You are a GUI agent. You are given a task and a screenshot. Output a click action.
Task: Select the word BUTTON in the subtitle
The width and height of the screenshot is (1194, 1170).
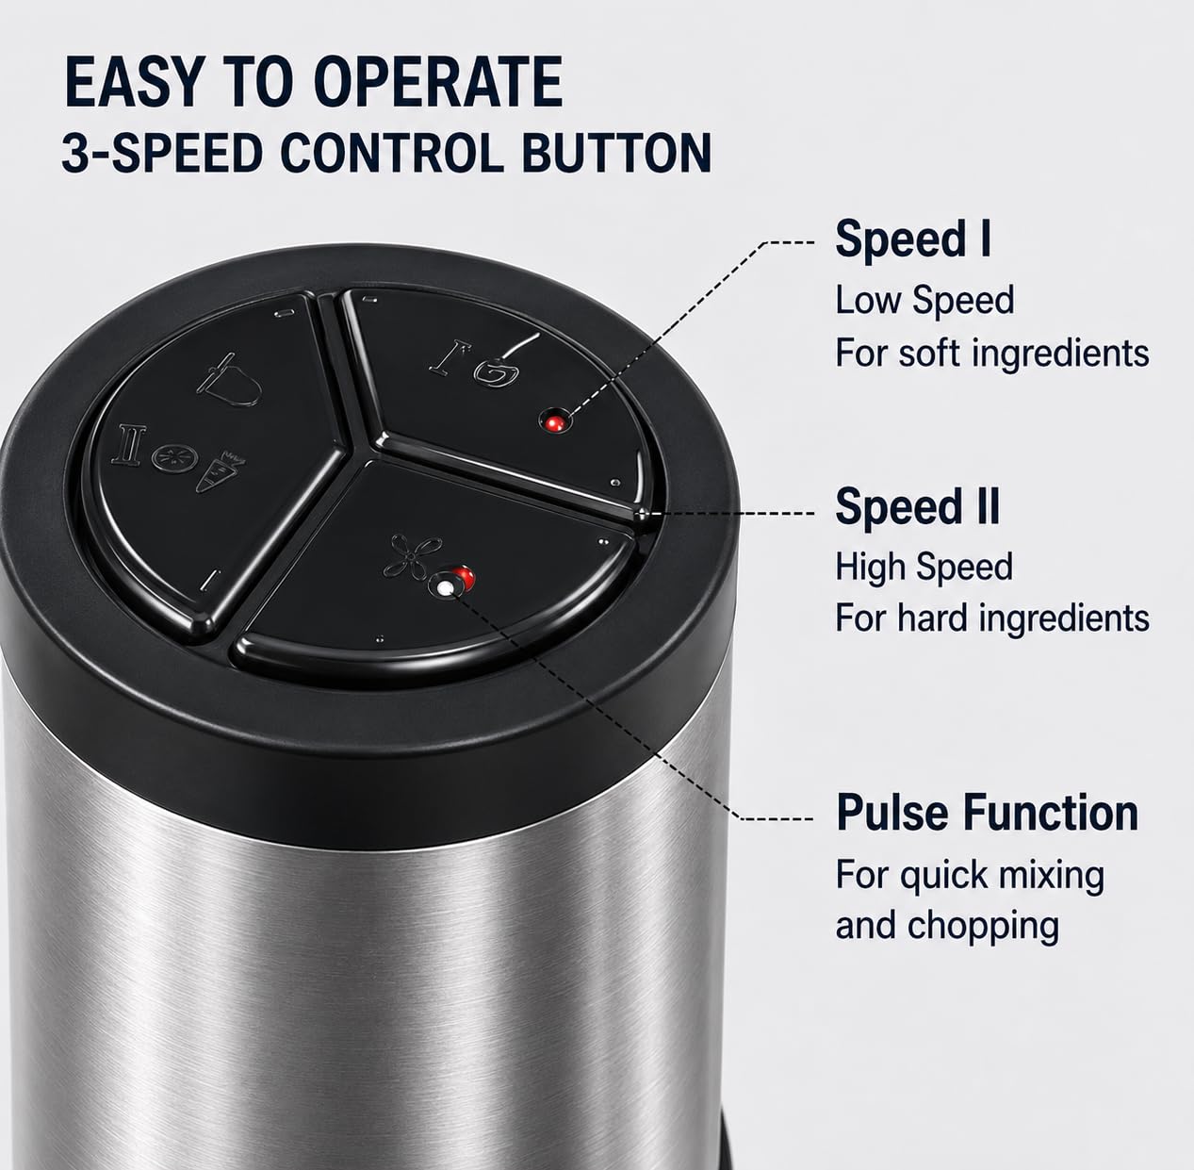616,152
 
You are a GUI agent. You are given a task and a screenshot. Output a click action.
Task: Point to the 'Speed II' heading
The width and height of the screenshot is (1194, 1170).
918,507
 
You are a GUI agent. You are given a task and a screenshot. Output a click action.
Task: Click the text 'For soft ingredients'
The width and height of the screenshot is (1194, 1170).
992,354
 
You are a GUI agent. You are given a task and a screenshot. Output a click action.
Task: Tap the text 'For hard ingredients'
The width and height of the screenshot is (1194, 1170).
992,618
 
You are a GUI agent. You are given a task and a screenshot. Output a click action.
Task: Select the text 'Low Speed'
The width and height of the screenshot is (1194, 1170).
924,300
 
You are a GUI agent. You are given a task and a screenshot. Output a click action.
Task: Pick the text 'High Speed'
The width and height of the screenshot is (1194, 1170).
924,567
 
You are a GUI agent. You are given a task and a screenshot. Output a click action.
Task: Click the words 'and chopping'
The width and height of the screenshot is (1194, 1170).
947,927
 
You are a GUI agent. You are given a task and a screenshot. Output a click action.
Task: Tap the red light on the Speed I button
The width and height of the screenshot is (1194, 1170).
554,423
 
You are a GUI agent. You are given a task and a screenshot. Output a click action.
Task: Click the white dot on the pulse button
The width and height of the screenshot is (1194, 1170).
444,587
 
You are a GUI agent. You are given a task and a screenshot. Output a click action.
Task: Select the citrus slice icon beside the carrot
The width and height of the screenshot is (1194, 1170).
174,458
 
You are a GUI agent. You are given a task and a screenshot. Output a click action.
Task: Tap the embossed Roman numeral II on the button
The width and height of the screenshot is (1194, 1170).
129,445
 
